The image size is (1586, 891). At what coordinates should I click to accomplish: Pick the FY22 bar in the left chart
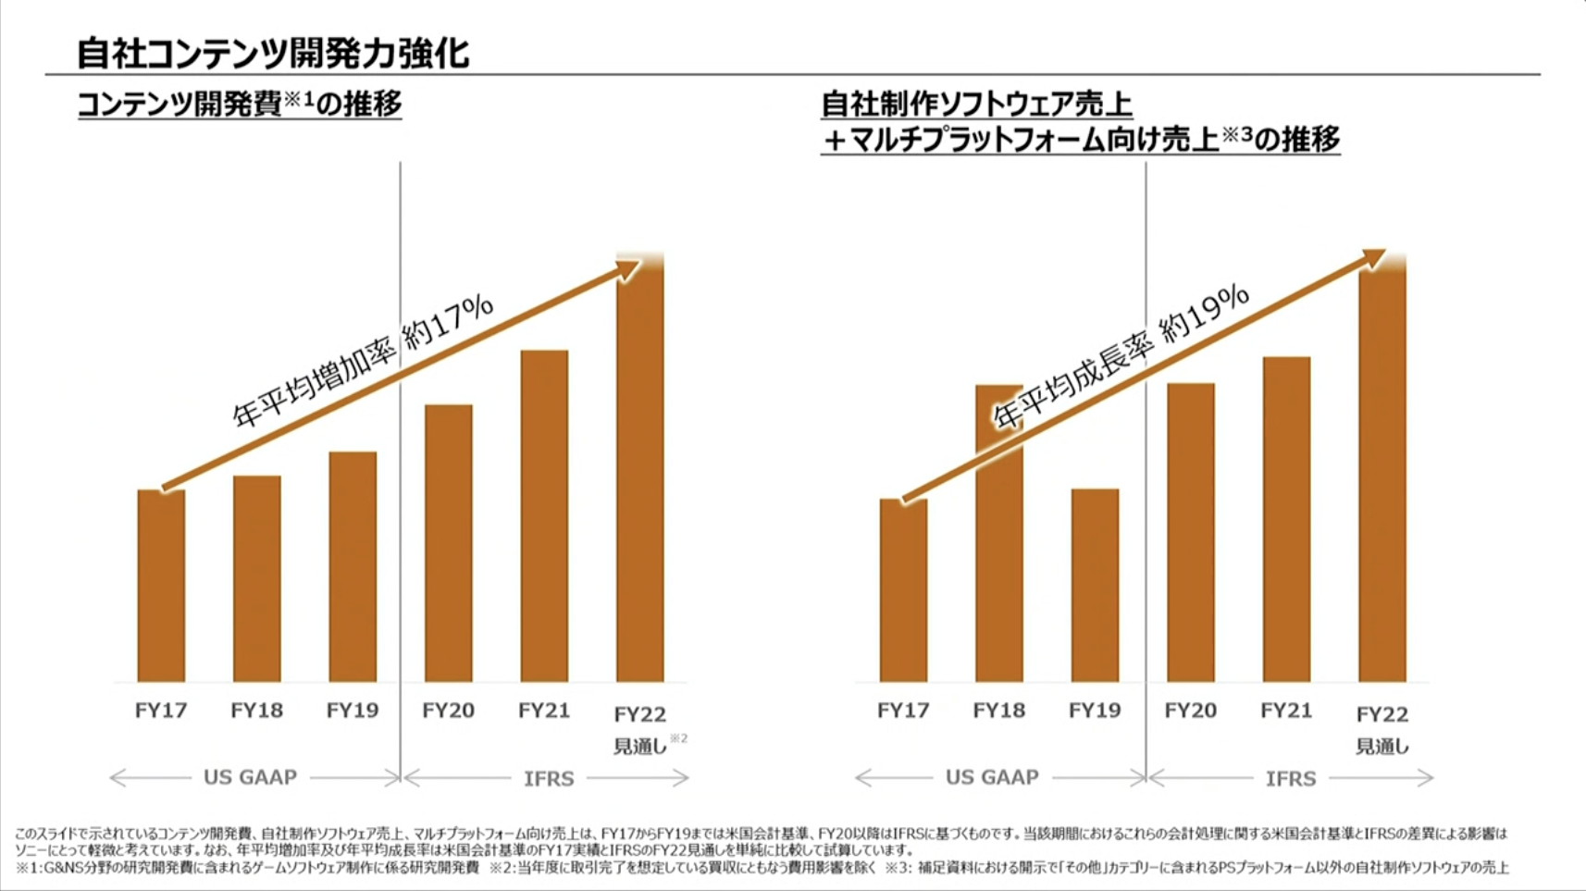pyautogui.click(x=640, y=472)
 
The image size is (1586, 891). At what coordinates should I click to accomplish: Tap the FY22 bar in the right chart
pyautogui.click(x=1382, y=472)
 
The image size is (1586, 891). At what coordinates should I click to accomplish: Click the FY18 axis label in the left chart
pyautogui.click(x=256, y=711)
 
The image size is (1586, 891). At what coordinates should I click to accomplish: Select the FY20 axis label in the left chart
pyautogui.click(x=448, y=711)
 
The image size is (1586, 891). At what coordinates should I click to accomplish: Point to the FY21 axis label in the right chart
pyautogui.click(x=1286, y=711)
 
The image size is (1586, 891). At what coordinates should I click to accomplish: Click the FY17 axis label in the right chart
pyautogui.click(x=903, y=711)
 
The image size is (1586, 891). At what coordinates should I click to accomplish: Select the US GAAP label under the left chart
pyautogui.click(x=250, y=777)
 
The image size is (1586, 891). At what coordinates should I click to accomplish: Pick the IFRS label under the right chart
pyautogui.click(x=1291, y=779)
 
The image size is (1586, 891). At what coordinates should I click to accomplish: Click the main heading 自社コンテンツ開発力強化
pyautogui.click(x=273, y=53)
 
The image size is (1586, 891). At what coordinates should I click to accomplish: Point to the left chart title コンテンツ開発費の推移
pyautogui.click(x=239, y=104)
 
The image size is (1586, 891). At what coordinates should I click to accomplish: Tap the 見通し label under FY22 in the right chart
pyautogui.click(x=1382, y=746)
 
